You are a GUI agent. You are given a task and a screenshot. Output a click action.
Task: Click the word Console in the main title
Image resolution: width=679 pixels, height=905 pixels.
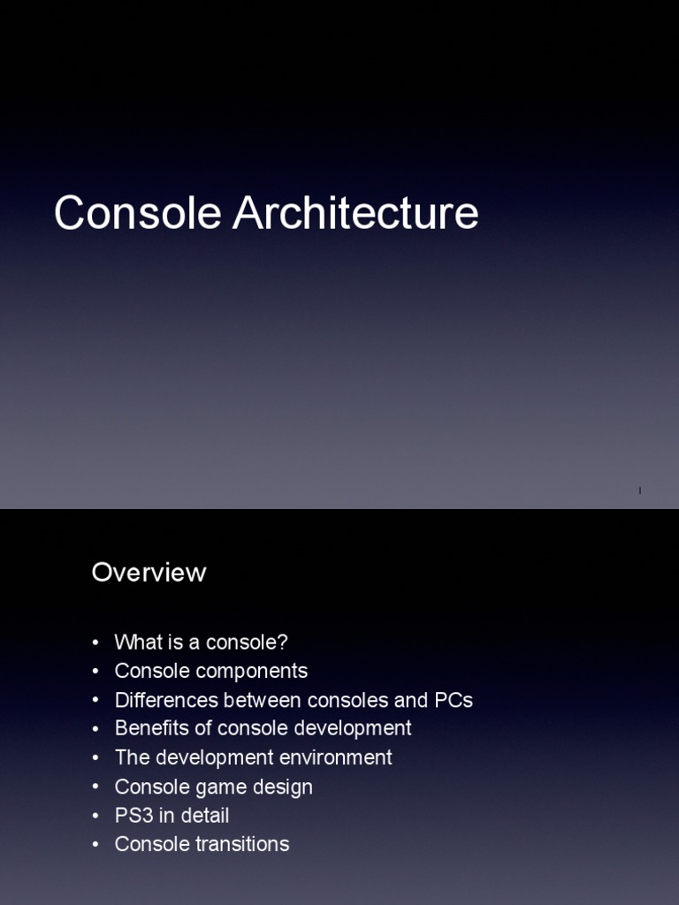(x=139, y=214)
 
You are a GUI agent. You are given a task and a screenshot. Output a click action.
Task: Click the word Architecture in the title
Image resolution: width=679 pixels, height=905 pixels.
(x=355, y=214)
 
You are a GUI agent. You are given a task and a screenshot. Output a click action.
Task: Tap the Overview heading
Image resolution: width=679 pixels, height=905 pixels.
(x=149, y=573)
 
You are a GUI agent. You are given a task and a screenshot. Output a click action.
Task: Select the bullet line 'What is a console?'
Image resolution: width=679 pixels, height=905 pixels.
(x=201, y=643)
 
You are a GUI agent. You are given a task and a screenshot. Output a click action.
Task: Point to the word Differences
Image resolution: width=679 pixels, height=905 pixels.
(x=166, y=700)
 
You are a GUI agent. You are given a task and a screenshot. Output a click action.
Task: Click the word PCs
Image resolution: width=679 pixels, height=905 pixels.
(x=454, y=700)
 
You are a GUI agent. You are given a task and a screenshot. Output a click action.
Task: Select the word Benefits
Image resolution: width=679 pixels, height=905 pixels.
(x=149, y=728)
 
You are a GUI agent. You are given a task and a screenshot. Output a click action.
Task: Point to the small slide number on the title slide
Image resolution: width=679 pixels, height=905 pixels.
(x=639, y=490)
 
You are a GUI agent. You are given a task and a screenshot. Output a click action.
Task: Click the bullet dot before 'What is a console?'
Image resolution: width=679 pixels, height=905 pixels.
(x=95, y=643)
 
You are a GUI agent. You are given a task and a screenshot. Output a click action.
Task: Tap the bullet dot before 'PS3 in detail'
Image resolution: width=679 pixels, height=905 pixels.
(x=95, y=816)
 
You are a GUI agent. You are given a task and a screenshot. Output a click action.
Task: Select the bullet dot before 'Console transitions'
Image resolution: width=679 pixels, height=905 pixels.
(x=95, y=845)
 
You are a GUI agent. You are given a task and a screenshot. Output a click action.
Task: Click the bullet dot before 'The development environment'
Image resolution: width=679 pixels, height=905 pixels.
(x=95, y=758)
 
